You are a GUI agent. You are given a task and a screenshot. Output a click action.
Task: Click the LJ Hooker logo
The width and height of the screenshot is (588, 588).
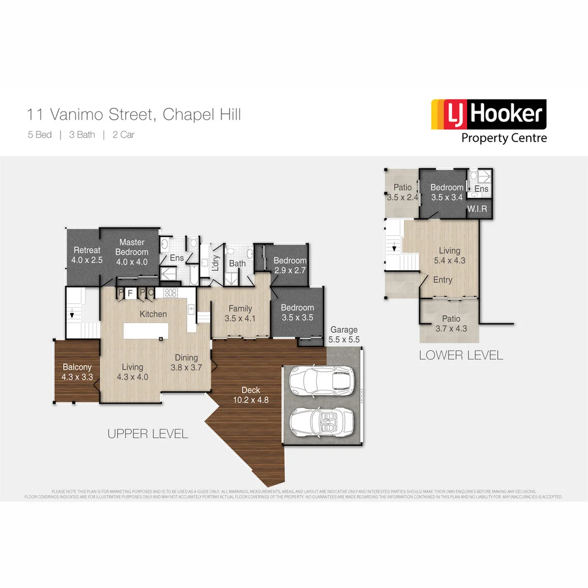tap(488, 121)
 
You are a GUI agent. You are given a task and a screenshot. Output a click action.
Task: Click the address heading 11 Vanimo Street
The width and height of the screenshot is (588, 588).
tap(134, 115)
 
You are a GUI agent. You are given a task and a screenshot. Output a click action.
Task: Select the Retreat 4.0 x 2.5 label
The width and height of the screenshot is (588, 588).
tap(87, 255)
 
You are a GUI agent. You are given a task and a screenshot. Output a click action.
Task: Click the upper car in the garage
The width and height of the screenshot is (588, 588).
tap(321, 380)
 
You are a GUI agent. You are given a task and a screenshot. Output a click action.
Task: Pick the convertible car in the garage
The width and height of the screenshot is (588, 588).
tap(321, 421)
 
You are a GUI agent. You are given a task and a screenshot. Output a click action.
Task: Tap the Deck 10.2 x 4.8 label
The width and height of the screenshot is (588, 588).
tap(251, 395)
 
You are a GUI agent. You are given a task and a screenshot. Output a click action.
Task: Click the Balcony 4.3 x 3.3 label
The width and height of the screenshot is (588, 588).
tap(76, 371)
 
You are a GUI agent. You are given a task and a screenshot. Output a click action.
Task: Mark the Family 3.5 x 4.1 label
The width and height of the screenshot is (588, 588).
tap(240, 313)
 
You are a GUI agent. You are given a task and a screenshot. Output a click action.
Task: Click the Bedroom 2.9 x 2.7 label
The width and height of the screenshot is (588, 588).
tap(290, 265)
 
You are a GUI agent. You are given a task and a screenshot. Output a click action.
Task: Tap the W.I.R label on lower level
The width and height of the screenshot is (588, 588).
tap(476, 209)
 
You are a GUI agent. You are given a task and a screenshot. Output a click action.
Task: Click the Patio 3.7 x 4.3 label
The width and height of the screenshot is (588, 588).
tap(451, 323)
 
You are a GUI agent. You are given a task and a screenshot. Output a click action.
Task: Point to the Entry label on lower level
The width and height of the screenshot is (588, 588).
tap(443, 280)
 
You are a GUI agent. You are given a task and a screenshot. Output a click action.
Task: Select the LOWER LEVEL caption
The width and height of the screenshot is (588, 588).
tap(461, 356)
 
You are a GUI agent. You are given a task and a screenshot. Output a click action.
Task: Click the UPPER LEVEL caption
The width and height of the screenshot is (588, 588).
tap(148, 434)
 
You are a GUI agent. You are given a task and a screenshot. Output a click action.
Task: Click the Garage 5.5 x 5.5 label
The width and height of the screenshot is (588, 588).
tap(344, 334)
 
